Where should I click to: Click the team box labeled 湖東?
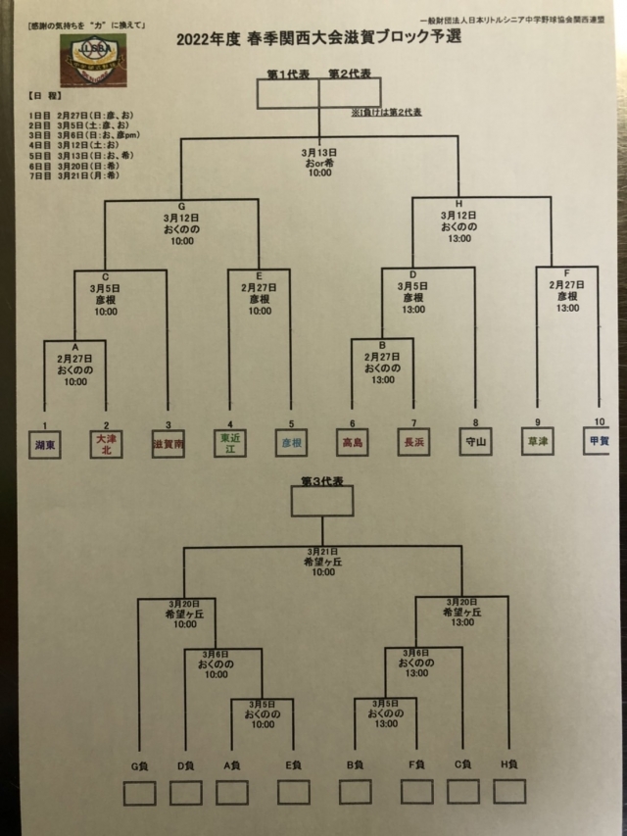click(45, 444)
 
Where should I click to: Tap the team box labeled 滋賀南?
click(168, 444)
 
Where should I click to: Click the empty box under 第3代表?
click(321, 502)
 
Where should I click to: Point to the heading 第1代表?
click(288, 74)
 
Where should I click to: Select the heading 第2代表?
click(349, 74)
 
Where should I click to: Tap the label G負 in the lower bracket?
click(139, 764)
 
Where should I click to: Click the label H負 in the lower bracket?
click(509, 764)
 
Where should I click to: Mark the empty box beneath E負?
click(293, 791)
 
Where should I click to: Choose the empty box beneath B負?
click(355, 791)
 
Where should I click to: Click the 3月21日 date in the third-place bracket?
click(322, 552)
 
